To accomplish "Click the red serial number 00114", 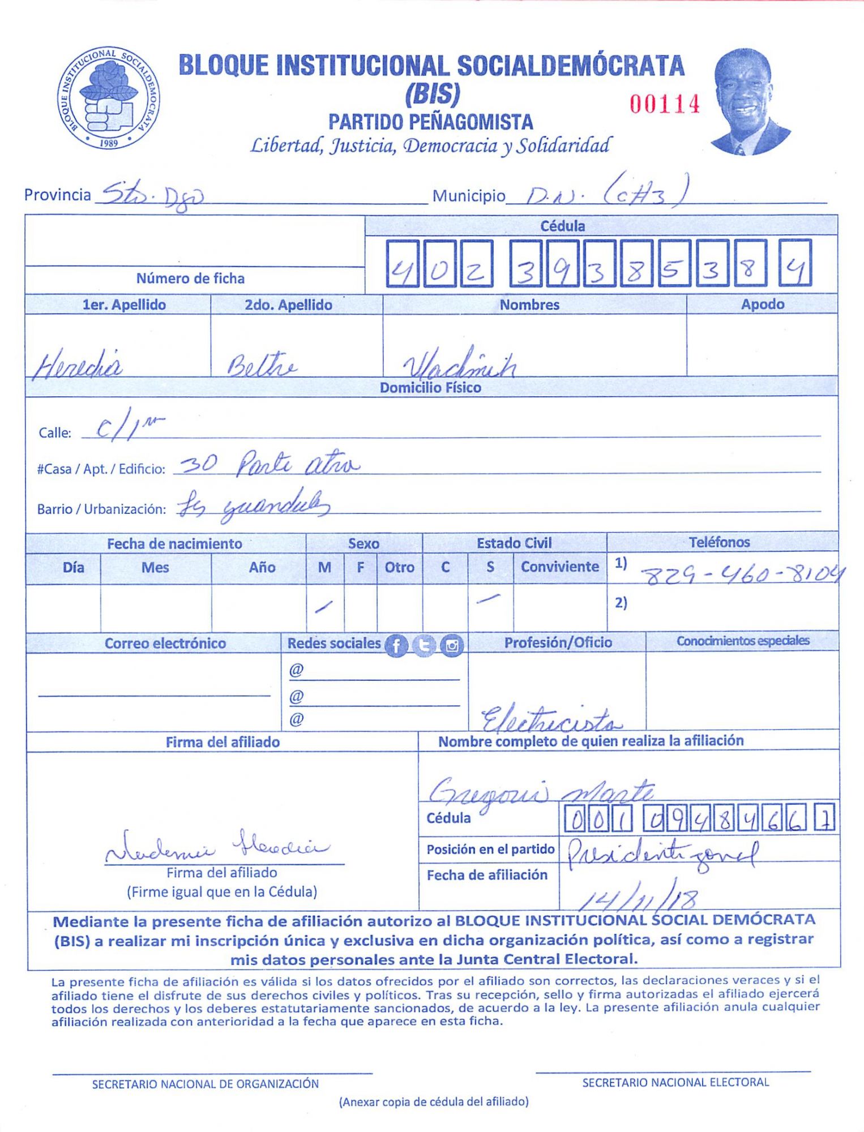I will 665,104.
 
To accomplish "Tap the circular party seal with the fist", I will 108,98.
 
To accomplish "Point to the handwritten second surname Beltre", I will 261,365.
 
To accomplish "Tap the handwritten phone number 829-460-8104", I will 742,576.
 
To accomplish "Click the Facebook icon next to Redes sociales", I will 396,645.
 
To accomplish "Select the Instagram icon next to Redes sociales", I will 452,645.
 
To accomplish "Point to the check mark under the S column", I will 488,598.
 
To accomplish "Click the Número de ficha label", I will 190,278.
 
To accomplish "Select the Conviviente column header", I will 559,567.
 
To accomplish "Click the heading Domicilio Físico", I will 430,388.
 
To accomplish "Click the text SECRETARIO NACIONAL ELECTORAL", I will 675,1082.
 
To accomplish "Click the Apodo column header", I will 762,304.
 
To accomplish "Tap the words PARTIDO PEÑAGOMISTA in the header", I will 431,122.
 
